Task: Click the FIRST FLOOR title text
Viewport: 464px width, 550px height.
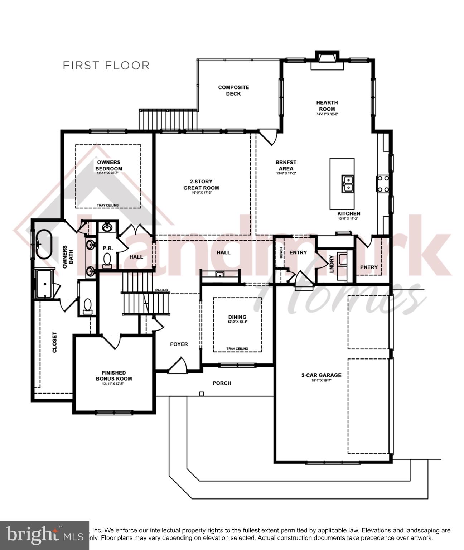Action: point(106,66)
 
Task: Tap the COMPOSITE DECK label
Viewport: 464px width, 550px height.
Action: point(233,91)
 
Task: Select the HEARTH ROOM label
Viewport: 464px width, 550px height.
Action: point(327,106)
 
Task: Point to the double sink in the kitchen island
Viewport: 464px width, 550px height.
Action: point(347,183)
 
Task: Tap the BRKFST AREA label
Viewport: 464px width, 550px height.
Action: point(286,165)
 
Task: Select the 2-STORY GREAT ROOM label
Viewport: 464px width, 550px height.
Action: point(201,185)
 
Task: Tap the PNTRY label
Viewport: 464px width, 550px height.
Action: point(369,267)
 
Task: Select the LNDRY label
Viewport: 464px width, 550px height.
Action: point(331,264)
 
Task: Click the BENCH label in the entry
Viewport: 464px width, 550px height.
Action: point(281,253)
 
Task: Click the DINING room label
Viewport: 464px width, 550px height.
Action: point(237,317)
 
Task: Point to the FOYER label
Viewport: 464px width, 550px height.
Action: point(179,344)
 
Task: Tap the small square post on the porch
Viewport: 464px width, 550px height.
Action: point(201,394)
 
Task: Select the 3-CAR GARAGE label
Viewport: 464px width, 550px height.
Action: point(321,375)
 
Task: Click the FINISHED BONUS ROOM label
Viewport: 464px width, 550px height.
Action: point(113,376)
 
